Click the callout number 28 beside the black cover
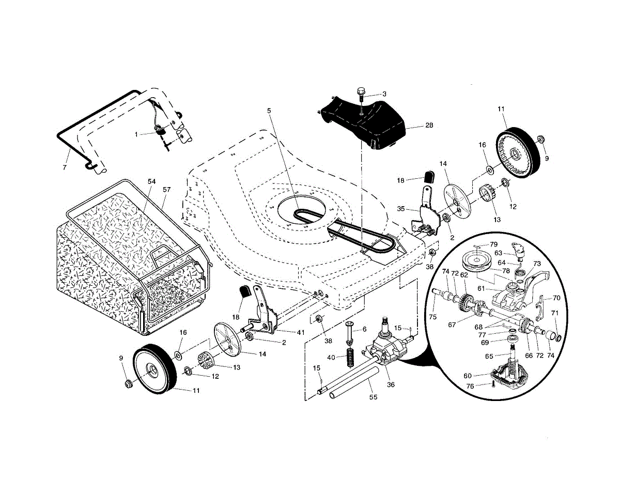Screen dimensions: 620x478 tap(429, 125)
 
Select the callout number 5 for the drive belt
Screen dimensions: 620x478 tap(269, 111)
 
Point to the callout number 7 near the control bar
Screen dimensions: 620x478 tap(65, 167)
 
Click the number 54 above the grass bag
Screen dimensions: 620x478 tap(152, 181)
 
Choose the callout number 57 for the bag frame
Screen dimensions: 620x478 tap(167, 190)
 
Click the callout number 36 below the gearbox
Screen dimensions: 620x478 tap(391, 384)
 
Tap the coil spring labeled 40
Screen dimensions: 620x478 tap(350, 357)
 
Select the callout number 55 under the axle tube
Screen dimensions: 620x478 tap(373, 397)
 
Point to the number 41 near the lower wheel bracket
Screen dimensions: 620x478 tap(301, 332)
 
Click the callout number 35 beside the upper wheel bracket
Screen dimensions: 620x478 tap(401, 209)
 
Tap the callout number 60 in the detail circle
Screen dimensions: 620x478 tap(468, 376)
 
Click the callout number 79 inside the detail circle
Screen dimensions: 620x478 tap(493, 244)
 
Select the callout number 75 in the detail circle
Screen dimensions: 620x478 tap(433, 317)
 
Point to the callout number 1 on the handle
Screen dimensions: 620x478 tap(136, 134)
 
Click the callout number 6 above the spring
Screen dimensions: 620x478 tap(364, 329)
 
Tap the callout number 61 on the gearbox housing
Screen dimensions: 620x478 tap(481, 288)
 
